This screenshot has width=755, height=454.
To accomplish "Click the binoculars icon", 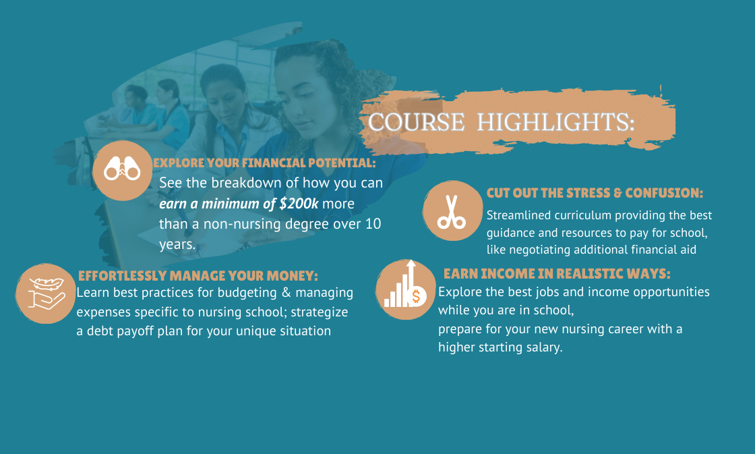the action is coord(122,169).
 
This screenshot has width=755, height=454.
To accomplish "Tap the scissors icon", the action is coord(452,212).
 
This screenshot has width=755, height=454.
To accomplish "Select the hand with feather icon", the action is coord(47,293).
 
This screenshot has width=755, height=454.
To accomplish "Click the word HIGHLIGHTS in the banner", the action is coord(555,122).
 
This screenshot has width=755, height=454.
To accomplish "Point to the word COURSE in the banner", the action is coord(417,122).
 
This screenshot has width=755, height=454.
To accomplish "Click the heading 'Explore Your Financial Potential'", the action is coord(264,163).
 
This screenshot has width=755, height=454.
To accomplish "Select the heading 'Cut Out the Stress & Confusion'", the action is coord(595,193).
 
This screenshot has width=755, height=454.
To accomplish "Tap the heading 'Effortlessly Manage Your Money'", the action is coord(198,276).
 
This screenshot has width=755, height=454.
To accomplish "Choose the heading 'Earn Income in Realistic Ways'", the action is coord(557,274).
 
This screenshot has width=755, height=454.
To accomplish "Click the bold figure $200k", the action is coord(299,203).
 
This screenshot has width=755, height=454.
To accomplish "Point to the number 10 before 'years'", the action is coord(373,223).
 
